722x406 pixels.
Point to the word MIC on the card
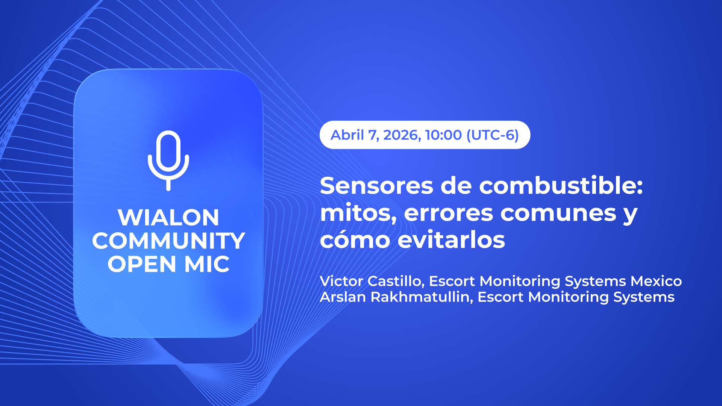(x=207, y=264)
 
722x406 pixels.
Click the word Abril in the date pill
(x=347, y=135)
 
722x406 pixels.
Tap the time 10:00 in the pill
(x=443, y=135)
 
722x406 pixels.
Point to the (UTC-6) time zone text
(x=493, y=135)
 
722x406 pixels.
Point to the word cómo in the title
(x=355, y=239)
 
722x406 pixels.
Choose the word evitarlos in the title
(x=451, y=239)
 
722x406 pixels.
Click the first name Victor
(x=341, y=281)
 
